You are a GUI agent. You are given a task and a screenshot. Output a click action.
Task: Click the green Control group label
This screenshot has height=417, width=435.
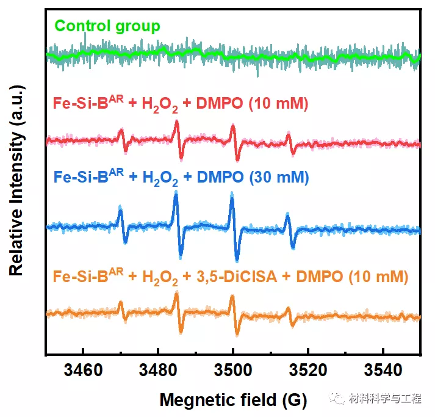point(107,26)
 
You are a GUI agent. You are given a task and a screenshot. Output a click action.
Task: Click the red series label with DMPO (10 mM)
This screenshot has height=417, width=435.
point(181,101)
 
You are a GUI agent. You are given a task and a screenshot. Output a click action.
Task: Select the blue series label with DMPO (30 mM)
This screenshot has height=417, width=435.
point(181,178)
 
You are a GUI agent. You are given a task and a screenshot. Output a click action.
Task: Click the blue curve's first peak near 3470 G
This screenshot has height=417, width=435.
point(120,209)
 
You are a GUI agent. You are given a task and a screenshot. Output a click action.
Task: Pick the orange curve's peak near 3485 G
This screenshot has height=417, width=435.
point(176,296)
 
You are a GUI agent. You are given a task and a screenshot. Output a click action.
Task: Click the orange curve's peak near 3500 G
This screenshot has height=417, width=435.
point(232,298)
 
